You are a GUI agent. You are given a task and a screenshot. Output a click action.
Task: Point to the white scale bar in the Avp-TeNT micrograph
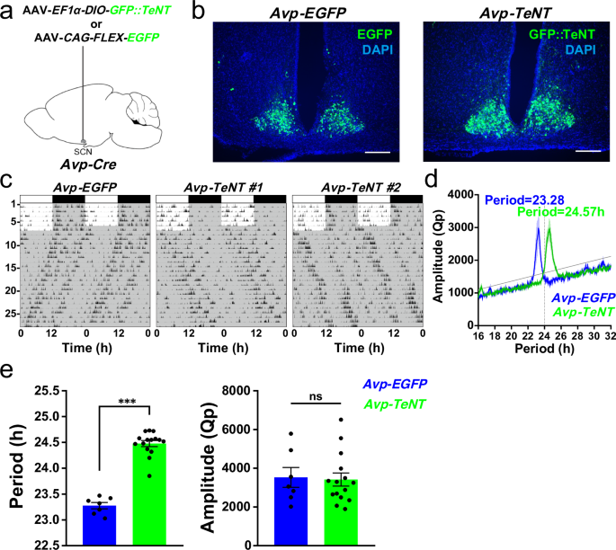pyautogui.click(x=587, y=151)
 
